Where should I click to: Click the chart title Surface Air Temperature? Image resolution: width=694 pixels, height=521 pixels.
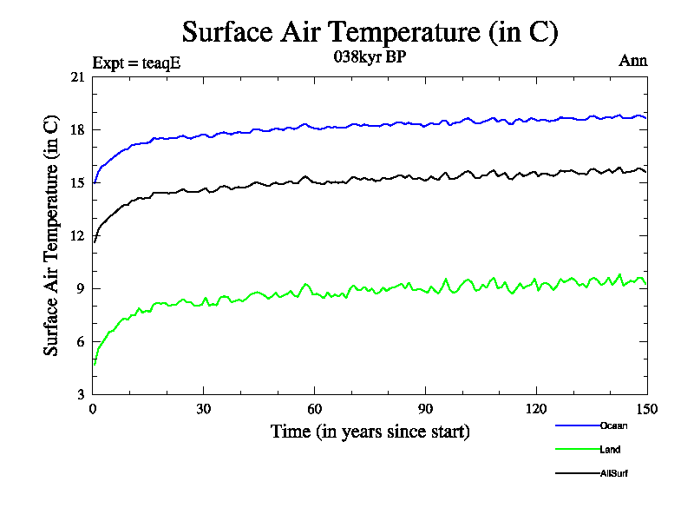click(370, 32)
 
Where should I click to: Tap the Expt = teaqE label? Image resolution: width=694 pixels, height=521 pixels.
click(136, 63)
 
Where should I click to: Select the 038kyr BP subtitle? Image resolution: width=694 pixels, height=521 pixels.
click(370, 58)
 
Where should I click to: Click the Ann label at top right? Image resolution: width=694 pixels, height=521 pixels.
click(632, 61)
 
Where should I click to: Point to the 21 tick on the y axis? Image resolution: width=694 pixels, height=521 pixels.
click(78, 77)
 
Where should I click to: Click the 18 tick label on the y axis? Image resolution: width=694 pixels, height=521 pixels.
click(78, 130)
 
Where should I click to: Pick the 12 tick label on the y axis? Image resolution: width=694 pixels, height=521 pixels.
click(78, 236)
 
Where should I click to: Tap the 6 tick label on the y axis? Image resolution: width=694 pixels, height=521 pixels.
click(82, 342)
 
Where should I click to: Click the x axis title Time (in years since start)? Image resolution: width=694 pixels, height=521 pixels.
click(370, 432)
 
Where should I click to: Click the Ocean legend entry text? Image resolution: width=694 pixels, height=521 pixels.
click(612, 425)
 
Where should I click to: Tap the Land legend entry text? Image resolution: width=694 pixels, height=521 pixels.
click(610, 450)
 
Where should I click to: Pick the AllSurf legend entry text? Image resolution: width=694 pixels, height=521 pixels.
click(613, 474)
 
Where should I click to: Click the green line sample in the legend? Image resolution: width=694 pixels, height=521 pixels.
click(576, 450)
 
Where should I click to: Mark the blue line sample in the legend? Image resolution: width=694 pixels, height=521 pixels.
click(576, 425)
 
